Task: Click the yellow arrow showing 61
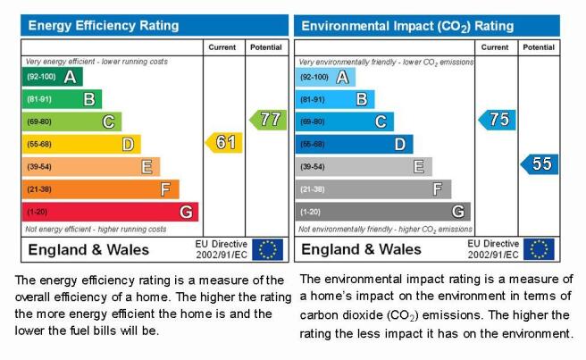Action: (224, 142)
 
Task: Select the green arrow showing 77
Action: (268, 120)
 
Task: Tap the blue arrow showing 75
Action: (497, 120)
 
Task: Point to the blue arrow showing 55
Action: (540, 164)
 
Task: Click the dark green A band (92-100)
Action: (53, 77)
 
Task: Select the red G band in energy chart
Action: (110, 212)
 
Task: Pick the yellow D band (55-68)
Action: (81, 145)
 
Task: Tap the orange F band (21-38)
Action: (101, 189)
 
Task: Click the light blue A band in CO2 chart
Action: (325, 77)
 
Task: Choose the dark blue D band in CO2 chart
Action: (354, 145)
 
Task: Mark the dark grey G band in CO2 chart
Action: (382, 212)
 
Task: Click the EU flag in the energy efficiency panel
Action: (268, 249)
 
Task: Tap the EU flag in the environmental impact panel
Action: (539, 249)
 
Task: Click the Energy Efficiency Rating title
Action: (104, 25)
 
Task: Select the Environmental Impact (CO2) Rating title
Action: (407, 26)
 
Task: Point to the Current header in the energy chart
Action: (222, 47)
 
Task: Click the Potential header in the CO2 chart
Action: (539, 47)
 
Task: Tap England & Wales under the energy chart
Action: (88, 250)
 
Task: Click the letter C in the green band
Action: (108, 121)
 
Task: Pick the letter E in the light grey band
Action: (419, 167)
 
